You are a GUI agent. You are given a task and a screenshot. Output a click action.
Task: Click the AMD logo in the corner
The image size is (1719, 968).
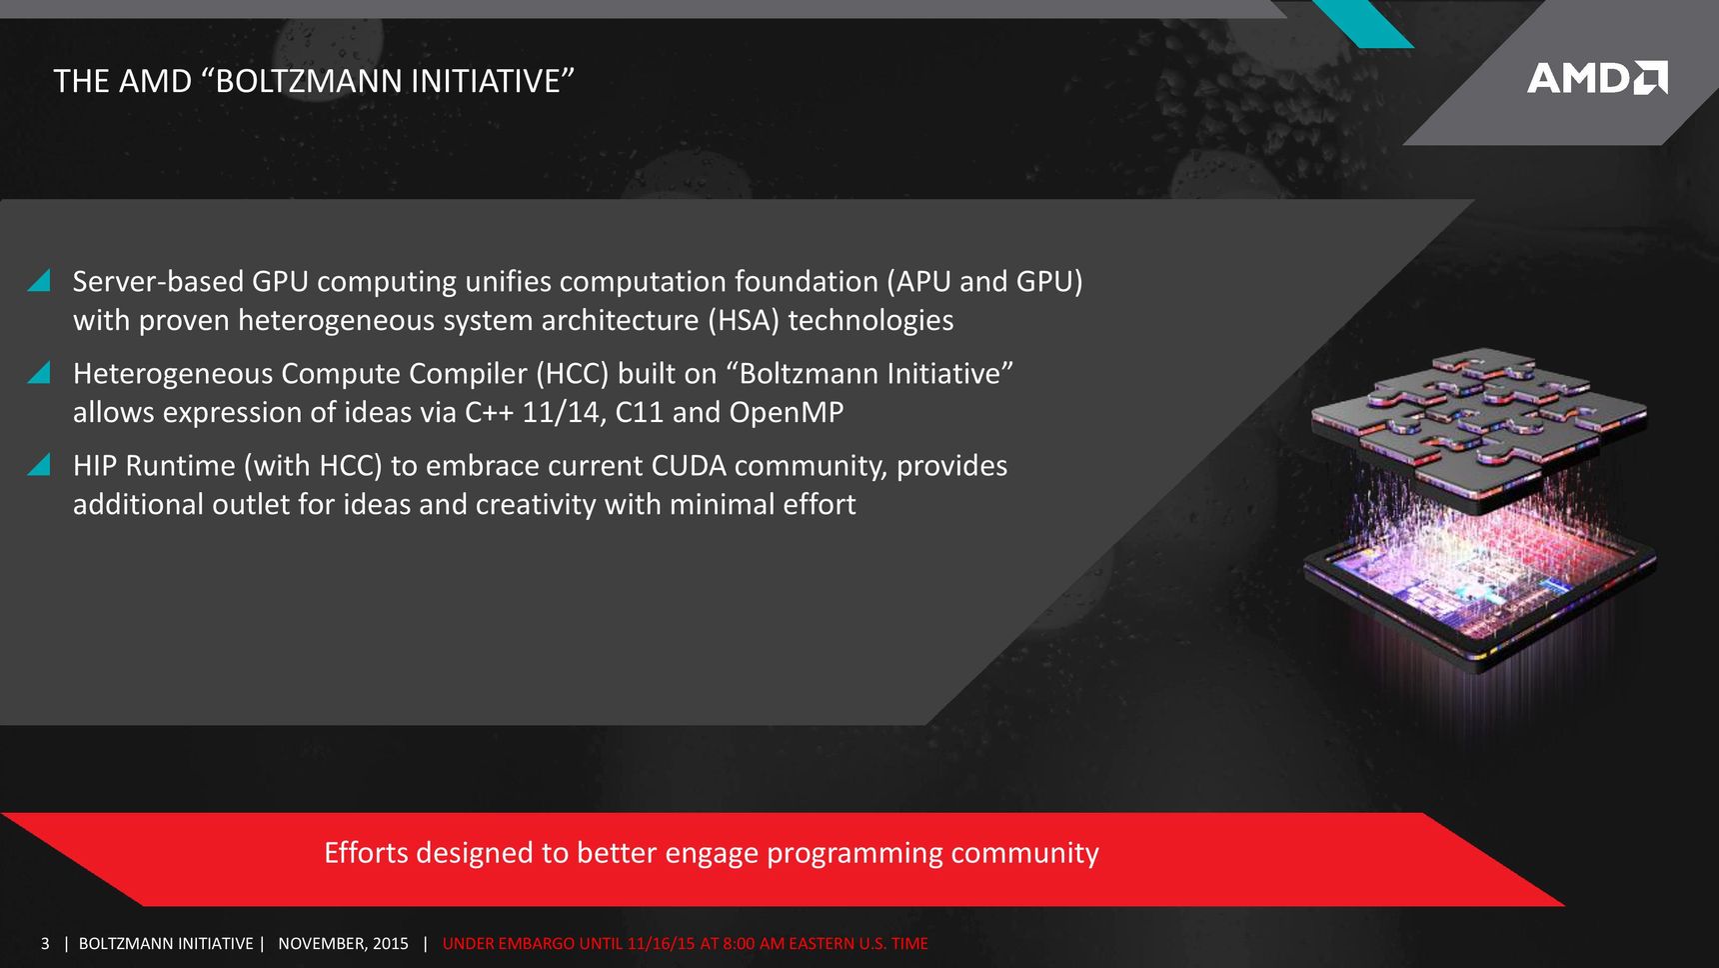[1597, 78]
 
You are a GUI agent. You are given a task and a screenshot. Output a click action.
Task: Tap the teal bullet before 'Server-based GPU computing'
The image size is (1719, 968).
[39, 280]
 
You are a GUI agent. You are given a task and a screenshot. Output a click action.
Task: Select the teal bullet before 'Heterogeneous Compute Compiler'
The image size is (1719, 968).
[39, 372]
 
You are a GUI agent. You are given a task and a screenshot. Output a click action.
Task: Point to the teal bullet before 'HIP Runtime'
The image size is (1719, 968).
[39, 464]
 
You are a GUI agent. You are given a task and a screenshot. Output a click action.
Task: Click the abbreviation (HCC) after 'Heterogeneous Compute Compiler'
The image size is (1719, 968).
[572, 373]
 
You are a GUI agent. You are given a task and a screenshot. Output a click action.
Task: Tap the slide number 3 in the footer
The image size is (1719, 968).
[45, 943]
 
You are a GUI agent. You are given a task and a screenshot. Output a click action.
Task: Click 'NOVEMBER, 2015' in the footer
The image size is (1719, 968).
[343, 943]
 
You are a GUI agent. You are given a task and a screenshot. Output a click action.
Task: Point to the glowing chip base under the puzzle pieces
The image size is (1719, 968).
[1479, 590]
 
